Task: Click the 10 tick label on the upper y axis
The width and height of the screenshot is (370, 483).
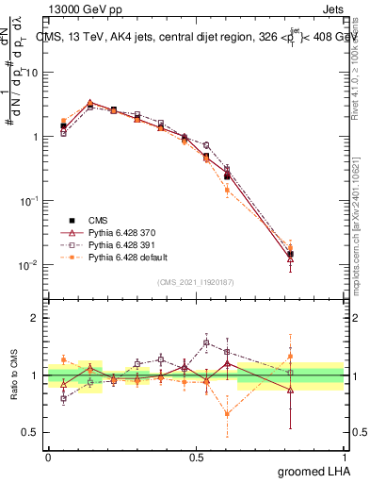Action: pyautogui.click(x=31, y=72)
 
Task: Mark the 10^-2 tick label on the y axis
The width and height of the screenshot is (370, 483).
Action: pyautogui.click(x=28, y=265)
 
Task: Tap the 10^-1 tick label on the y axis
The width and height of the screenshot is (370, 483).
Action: pyautogui.click(x=28, y=201)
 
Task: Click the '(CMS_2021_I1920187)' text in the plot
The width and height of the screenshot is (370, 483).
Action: pyautogui.click(x=195, y=281)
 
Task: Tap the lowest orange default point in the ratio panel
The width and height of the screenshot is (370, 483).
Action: pyautogui.click(x=227, y=413)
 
